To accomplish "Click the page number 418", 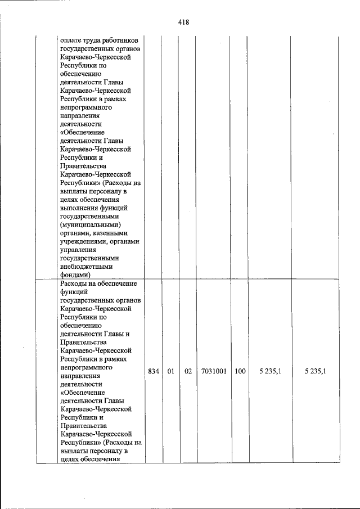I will point(183,22).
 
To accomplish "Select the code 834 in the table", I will point(153,371).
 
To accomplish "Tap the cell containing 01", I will point(170,371).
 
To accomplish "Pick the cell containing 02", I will point(188,371).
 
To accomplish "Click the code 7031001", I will point(213,371).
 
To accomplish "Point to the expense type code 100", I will point(240,371).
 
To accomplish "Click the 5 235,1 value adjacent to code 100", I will point(271,371).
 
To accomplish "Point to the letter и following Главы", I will point(127,333).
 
